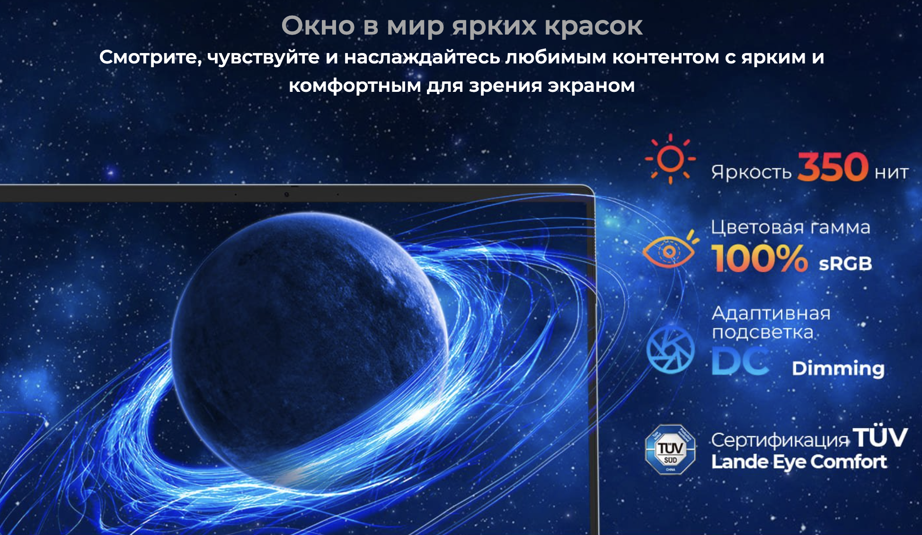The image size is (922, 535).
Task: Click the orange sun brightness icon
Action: point(670,159)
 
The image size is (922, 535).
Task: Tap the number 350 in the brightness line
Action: point(833,167)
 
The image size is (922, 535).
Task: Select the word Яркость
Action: point(751,172)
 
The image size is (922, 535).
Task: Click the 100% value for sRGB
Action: point(759,258)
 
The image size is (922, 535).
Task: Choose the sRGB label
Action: point(845,264)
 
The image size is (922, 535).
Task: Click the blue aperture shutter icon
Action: point(670,349)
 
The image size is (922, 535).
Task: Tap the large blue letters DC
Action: point(741,361)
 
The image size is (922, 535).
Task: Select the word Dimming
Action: point(838,368)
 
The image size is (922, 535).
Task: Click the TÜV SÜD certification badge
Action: point(670,449)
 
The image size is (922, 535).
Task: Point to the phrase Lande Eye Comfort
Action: point(799,462)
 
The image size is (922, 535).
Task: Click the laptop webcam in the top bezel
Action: point(286,194)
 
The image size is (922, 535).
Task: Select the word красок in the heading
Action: point(594,27)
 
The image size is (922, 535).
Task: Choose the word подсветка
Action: point(762,333)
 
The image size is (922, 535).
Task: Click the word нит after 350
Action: point(891,173)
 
